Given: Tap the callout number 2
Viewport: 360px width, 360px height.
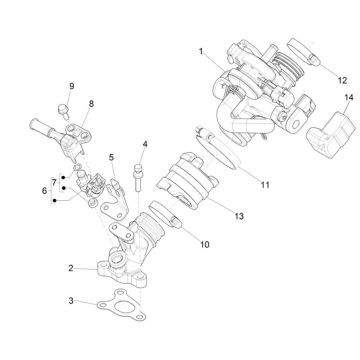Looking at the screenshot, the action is (x=71, y=268).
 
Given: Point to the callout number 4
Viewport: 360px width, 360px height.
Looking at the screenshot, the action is (x=145, y=145).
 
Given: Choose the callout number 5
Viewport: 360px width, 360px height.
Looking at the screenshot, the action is (x=112, y=157).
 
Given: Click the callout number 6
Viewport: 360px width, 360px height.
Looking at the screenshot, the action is (x=44, y=190).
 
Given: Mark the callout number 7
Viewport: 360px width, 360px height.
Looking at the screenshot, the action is (x=54, y=183).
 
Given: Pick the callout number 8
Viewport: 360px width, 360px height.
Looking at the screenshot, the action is (x=91, y=104).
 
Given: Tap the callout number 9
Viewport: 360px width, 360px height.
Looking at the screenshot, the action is (x=71, y=87).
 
